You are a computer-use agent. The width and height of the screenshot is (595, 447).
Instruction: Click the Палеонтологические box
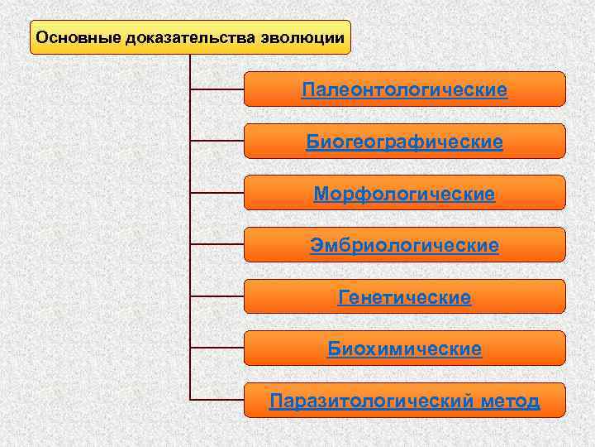[x=404, y=89]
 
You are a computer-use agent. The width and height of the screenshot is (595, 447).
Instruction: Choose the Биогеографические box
[x=404, y=142]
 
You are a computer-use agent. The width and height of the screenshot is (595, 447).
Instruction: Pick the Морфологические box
[x=404, y=193]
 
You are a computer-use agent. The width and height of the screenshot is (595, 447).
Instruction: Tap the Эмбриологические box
[x=404, y=245]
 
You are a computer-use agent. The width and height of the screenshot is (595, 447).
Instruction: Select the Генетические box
[x=404, y=297]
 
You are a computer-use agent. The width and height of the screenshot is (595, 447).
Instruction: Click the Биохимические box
[x=404, y=348]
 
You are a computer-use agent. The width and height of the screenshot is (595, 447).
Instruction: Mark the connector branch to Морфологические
[x=217, y=192]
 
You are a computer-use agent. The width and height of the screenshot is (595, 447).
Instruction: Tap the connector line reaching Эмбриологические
[x=217, y=244]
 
